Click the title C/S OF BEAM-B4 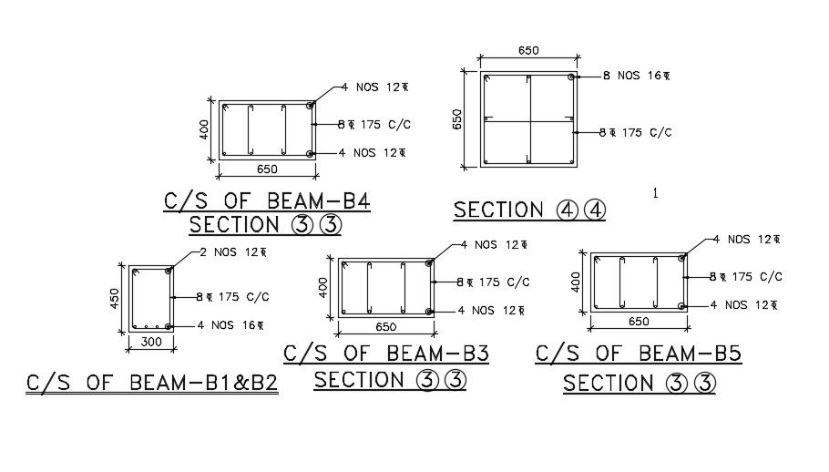click(x=266, y=201)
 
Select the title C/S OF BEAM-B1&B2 click(x=151, y=384)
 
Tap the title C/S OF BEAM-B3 click(x=386, y=354)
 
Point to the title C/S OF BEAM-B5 click(x=638, y=354)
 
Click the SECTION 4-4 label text click(x=529, y=210)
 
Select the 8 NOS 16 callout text click(x=636, y=76)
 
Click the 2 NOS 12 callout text click(x=227, y=252)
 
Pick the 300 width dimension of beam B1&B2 click(x=150, y=342)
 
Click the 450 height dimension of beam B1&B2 click(x=116, y=299)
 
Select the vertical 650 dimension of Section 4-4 click(x=458, y=119)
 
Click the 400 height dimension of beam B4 click(x=205, y=128)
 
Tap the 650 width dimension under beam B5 click(x=638, y=322)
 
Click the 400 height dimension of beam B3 click(x=323, y=287)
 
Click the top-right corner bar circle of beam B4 click(x=312, y=106)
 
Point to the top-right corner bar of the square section click(x=571, y=78)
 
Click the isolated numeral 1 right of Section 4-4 click(x=655, y=192)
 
